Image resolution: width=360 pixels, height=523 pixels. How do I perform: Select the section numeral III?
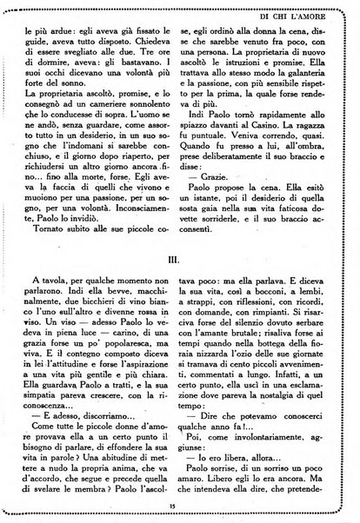click(179, 258)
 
